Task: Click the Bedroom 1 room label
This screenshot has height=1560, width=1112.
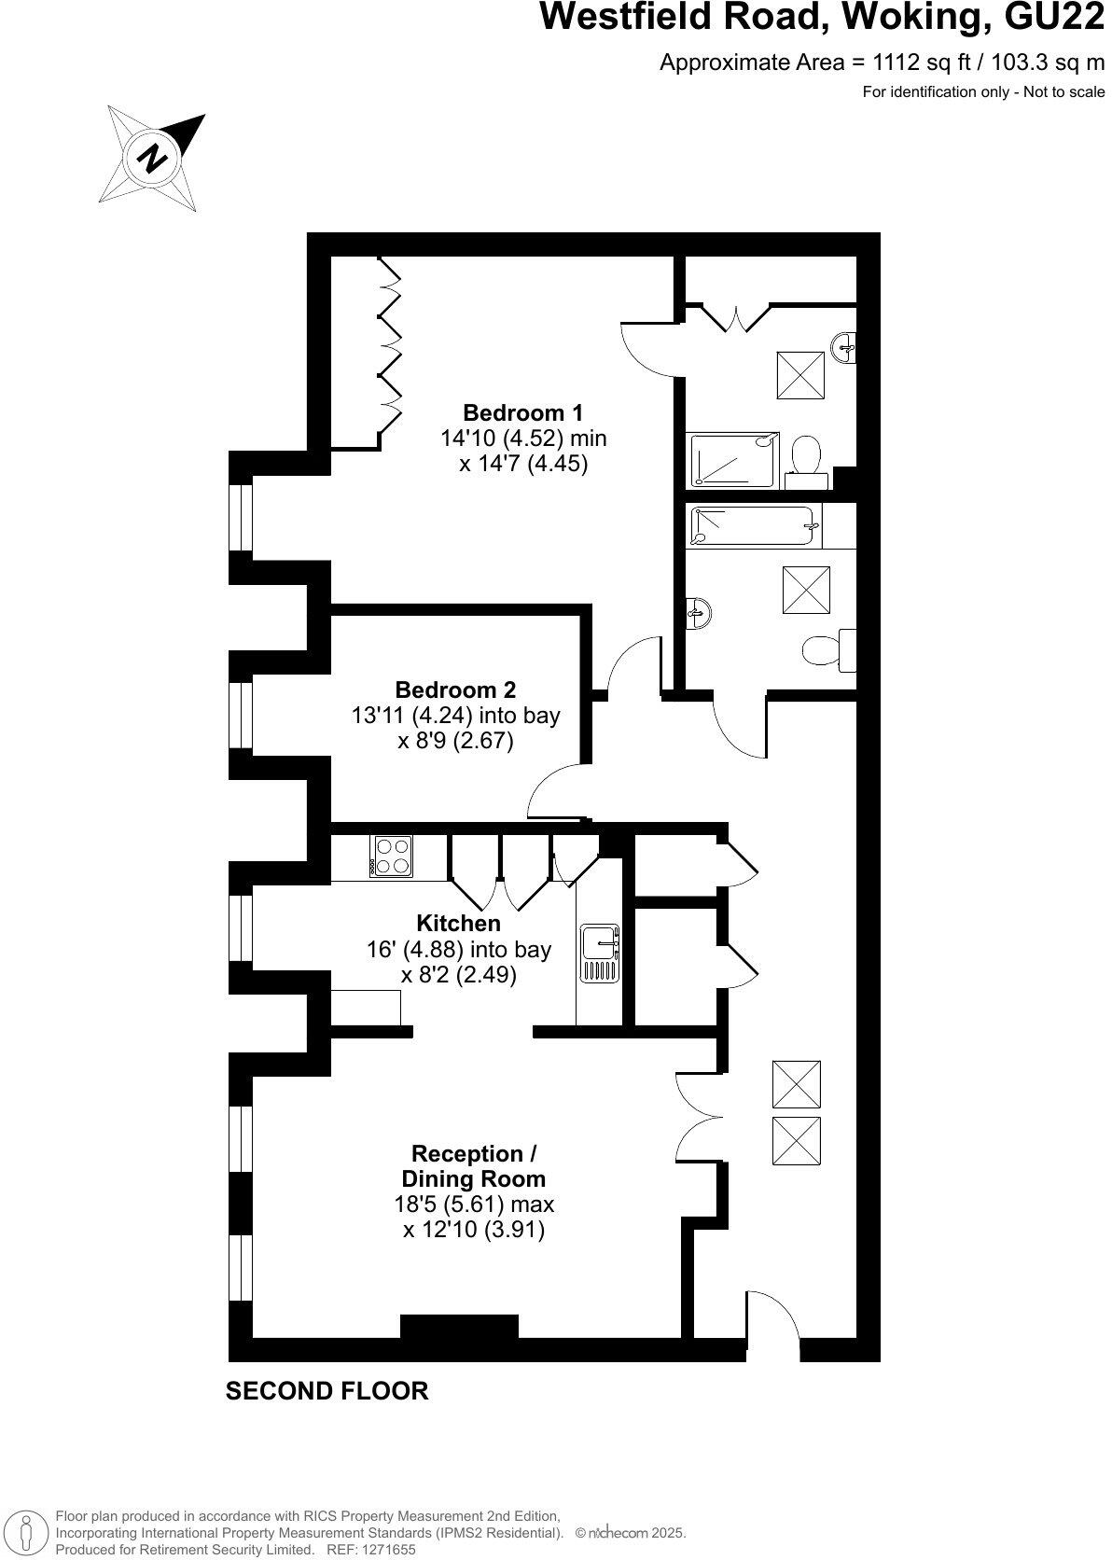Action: click(x=522, y=411)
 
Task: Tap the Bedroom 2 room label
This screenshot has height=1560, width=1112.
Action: click(x=455, y=689)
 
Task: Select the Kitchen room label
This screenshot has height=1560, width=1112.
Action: click(x=458, y=923)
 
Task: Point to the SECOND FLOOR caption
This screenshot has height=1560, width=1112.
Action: click(x=327, y=1391)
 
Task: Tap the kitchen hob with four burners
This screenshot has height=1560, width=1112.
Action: click(x=392, y=856)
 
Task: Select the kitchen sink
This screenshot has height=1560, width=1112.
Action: click(x=599, y=953)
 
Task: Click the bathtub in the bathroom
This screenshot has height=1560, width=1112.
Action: click(x=754, y=527)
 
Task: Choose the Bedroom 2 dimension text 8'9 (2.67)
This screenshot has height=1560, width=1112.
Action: click(x=455, y=742)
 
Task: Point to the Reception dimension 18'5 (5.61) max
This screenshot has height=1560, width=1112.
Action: click(x=474, y=1204)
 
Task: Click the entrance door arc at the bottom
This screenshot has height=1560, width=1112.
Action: click(x=773, y=1317)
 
